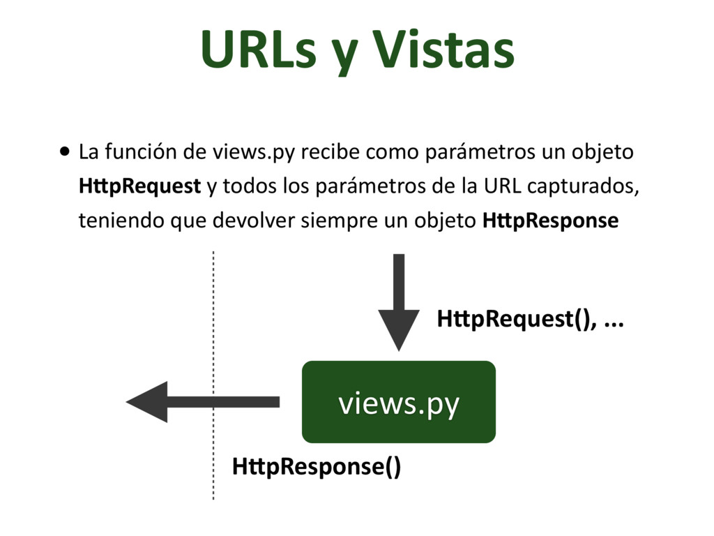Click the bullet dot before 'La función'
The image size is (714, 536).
pos(65,151)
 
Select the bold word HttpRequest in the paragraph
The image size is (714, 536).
pos(139,187)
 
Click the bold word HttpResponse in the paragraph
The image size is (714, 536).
pos(550,221)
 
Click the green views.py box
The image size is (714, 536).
pos(398,402)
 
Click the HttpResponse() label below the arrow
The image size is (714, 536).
pos(317,466)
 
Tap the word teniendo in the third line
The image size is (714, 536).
pos(113,221)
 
